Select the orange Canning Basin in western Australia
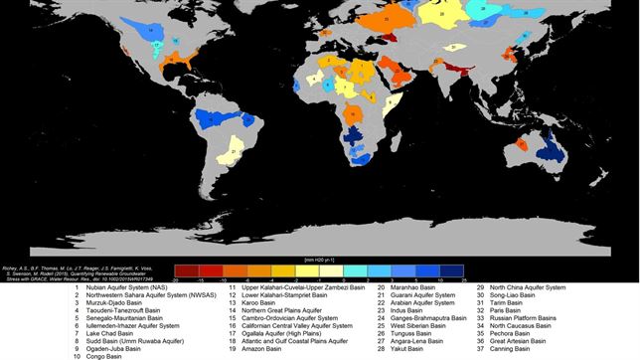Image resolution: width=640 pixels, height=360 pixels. [523, 145]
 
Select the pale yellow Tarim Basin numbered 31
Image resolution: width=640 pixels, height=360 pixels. [453, 47]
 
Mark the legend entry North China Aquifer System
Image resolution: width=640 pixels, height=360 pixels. [527, 288]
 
